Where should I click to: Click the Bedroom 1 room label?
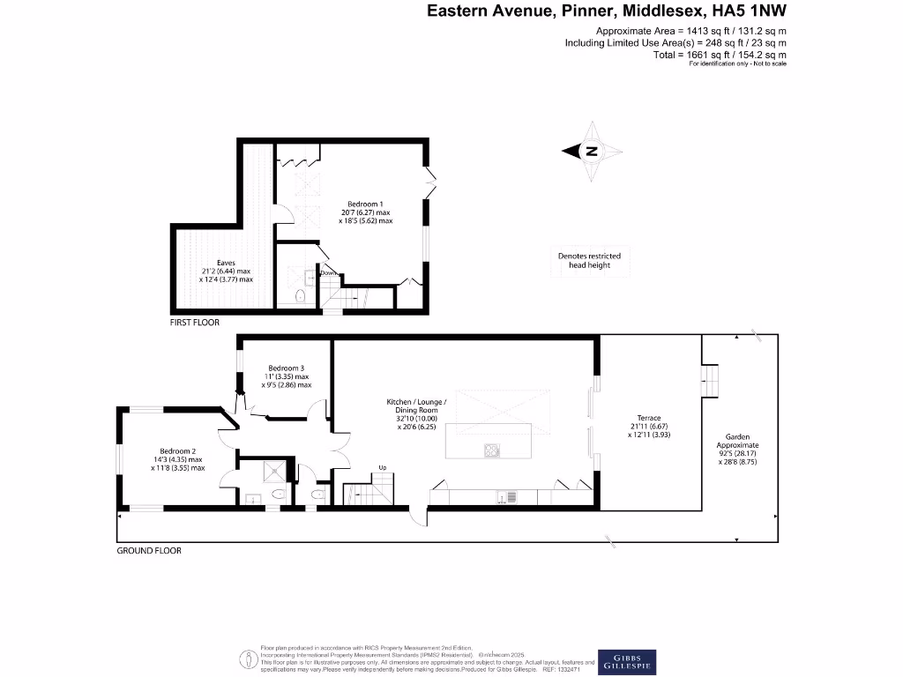point(365,212)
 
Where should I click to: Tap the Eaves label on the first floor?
point(227,271)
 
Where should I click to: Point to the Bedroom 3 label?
point(287,376)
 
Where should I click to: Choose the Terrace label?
point(649,427)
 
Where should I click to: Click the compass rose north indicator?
point(592,152)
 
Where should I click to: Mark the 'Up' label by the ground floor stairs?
point(383,467)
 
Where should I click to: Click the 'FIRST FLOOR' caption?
point(195,323)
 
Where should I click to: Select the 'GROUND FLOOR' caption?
point(149,551)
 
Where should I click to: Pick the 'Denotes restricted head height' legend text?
point(589,261)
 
